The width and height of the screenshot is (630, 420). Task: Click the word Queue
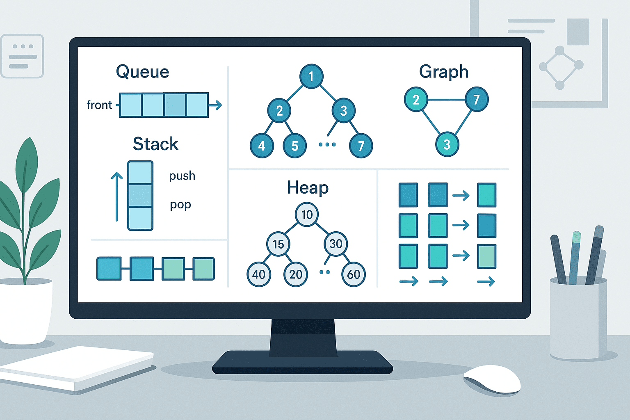(x=142, y=72)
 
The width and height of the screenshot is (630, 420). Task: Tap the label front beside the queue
(x=99, y=105)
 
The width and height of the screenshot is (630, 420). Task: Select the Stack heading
(x=155, y=144)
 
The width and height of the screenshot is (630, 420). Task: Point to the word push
(x=182, y=176)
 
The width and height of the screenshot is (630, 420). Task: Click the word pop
(x=180, y=205)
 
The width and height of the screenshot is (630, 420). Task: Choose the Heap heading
(x=308, y=188)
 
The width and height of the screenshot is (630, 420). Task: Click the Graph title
(x=443, y=72)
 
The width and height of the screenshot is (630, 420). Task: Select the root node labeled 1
(x=311, y=76)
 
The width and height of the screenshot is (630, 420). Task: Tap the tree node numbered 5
(x=295, y=146)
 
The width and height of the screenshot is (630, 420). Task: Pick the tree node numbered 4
(x=262, y=146)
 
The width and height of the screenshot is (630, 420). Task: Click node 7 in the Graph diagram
(x=477, y=100)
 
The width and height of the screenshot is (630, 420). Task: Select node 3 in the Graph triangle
(x=447, y=144)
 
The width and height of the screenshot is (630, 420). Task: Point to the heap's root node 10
(x=307, y=215)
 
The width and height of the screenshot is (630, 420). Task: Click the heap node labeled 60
(x=354, y=274)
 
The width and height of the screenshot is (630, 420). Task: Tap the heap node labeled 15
(x=278, y=244)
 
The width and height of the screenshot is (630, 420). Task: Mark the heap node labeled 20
(x=296, y=274)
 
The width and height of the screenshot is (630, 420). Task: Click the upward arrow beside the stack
(x=117, y=196)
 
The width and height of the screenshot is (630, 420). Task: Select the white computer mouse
(x=492, y=380)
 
